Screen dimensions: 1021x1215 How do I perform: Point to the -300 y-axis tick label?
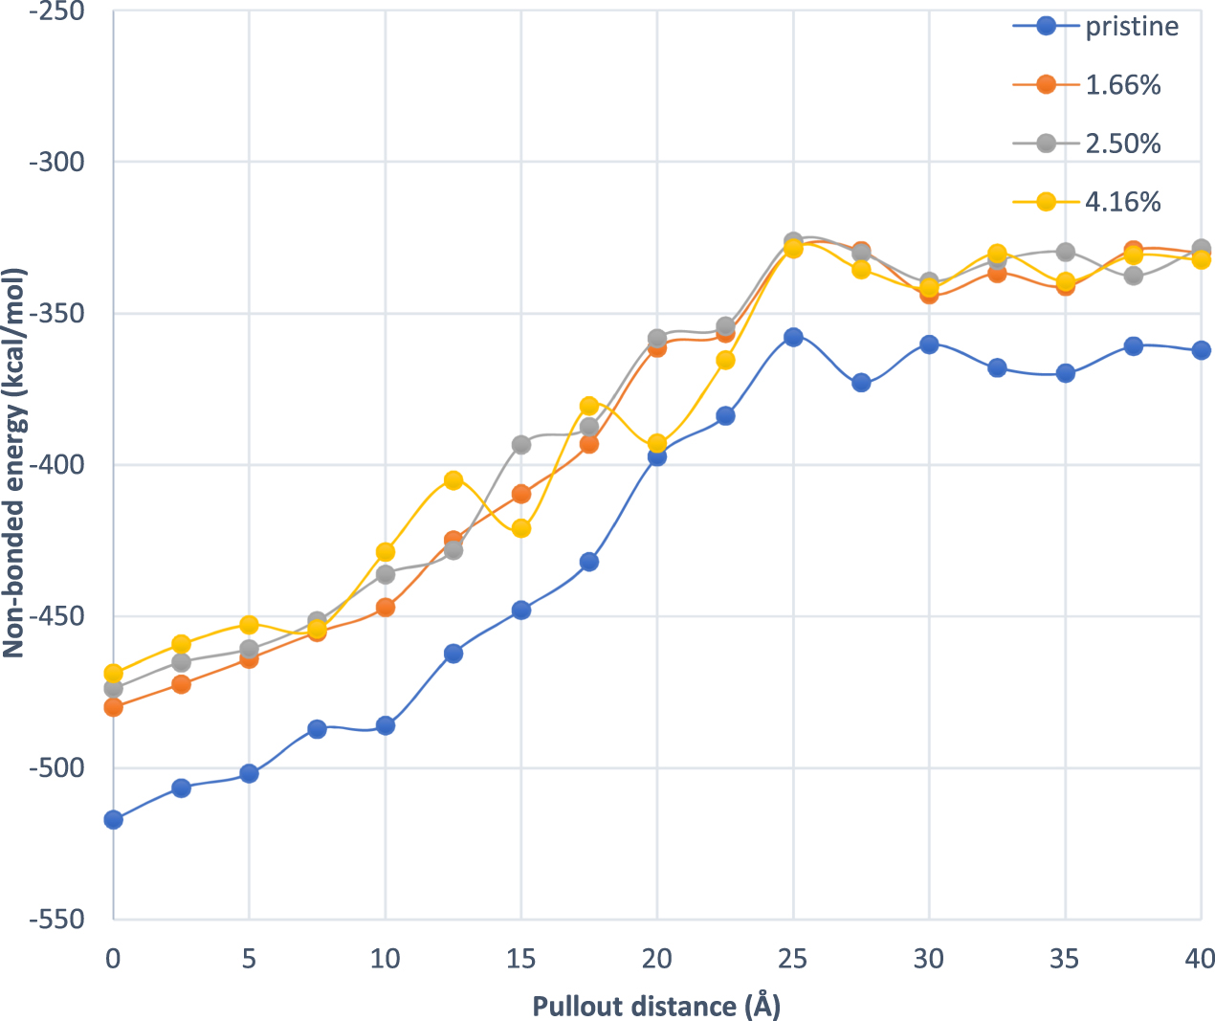57,162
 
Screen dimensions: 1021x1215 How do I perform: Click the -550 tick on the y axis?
57,920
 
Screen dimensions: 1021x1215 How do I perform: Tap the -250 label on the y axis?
57,11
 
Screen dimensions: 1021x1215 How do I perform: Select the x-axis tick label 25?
793,958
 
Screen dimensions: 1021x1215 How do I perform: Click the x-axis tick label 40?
1200,958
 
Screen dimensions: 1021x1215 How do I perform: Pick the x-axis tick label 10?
386,958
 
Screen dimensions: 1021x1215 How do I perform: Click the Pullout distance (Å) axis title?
656,1006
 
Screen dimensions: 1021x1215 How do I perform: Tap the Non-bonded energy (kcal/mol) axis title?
13,463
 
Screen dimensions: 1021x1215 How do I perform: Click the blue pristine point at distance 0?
114,819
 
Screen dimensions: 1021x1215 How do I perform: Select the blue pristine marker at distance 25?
793,337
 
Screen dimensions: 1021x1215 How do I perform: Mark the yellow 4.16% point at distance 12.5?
453,480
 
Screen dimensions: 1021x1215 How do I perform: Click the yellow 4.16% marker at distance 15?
521,528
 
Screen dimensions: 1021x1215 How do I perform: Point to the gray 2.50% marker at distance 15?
521,445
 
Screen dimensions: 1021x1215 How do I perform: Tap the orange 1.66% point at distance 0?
114,707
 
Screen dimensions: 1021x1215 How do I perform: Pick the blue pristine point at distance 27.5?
861,383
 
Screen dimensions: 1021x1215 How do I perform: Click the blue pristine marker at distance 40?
1201,350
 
